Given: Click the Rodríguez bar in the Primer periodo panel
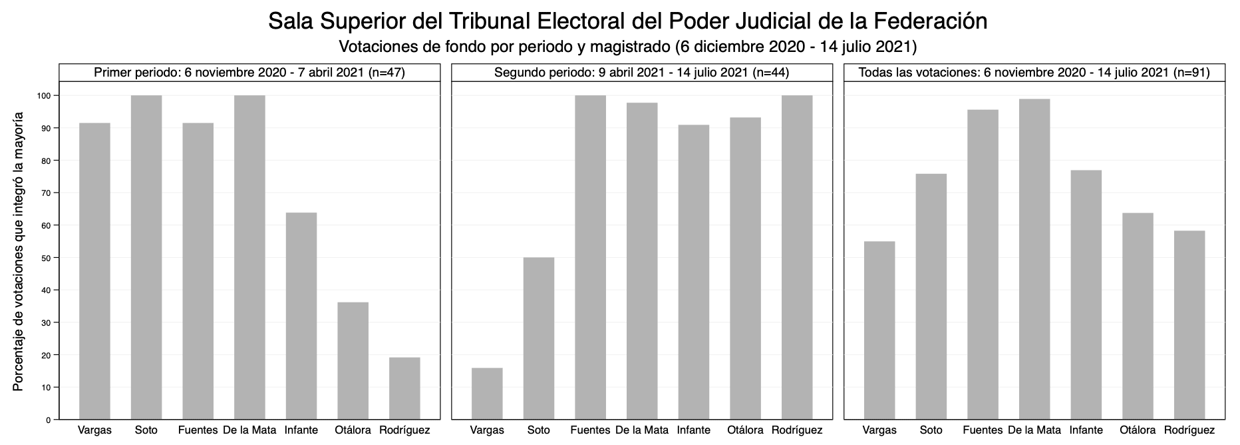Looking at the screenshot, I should (404, 388).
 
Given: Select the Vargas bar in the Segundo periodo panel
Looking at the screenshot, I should (487, 394).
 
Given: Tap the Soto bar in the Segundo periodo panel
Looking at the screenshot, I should (539, 338).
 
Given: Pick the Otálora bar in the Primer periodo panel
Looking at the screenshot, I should (353, 361).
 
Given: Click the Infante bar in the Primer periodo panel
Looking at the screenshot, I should (301, 316).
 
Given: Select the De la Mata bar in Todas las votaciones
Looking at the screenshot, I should (1034, 259).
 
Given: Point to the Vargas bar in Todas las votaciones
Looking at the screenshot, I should (879, 330).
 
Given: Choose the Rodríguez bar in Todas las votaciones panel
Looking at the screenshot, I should (1189, 325).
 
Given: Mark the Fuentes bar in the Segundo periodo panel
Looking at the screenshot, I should (591, 257).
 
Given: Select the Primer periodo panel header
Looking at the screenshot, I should (249, 73).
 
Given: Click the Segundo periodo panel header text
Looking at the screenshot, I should (642, 73).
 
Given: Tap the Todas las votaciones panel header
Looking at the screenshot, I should (1034, 73).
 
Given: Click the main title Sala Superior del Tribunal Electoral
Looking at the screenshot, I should (627, 21).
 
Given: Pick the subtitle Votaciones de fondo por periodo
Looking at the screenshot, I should (627, 47).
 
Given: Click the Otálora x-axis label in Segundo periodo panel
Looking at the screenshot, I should (745, 430).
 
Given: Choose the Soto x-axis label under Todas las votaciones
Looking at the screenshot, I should (931, 430).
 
